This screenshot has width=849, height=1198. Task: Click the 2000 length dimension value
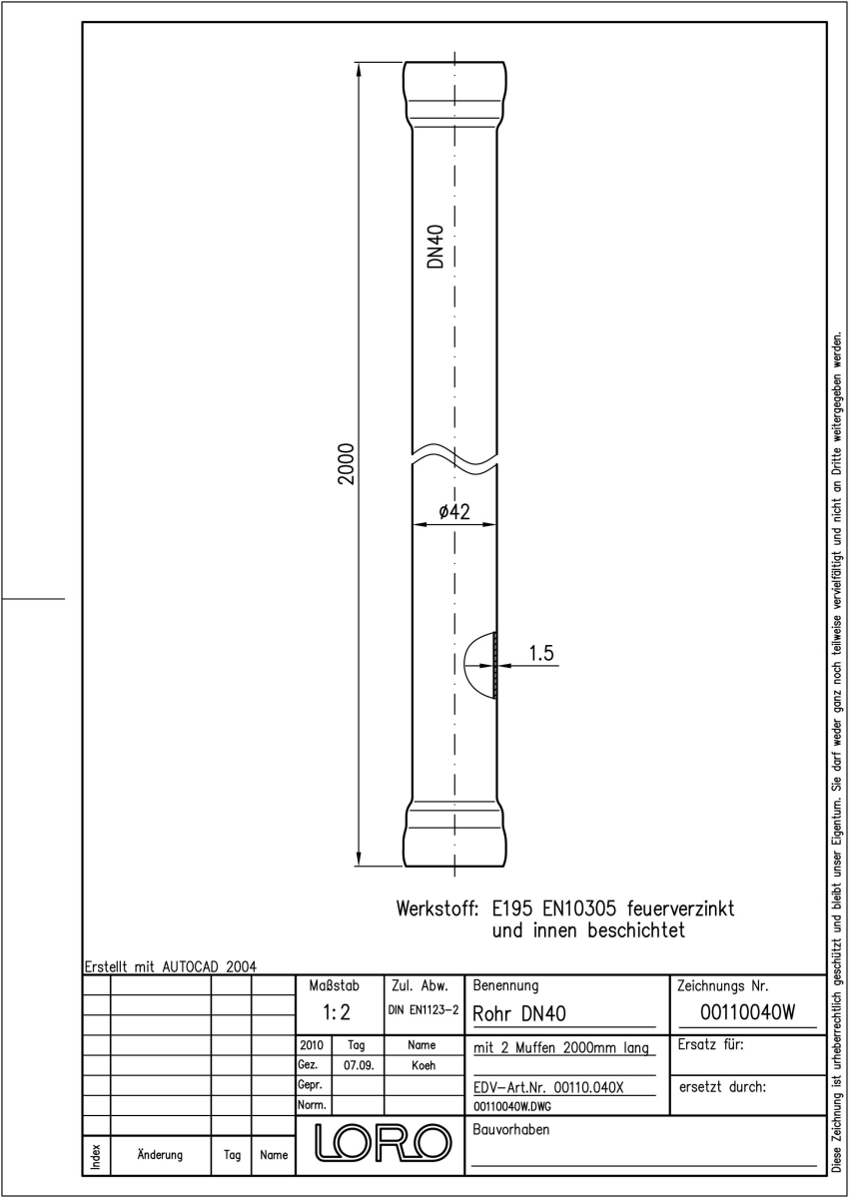click(x=347, y=463)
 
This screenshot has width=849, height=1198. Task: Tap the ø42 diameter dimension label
click(x=454, y=512)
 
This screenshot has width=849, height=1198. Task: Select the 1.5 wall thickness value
click(x=541, y=653)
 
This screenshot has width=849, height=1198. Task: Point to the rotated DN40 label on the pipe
click(x=436, y=246)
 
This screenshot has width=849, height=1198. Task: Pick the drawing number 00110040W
click(x=747, y=1012)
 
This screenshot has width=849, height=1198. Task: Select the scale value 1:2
click(x=337, y=1012)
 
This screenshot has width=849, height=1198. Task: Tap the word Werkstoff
click(x=436, y=908)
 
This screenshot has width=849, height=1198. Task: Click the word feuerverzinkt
click(x=680, y=908)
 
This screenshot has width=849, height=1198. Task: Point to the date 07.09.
click(x=359, y=1065)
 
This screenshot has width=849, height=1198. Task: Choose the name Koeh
click(x=424, y=1065)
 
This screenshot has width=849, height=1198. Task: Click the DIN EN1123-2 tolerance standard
click(x=424, y=1010)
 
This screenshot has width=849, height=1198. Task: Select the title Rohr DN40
click(x=519, y=1013)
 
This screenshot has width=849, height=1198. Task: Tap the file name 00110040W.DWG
click(x=512, y=1106)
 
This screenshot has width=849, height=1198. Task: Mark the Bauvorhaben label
click(x=510, y=1129)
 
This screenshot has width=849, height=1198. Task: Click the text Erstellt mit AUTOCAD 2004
click(x=171, y=966)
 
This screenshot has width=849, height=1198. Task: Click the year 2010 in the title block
click(x=312, y=1045)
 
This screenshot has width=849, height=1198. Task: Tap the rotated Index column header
click(x=96, y=1157)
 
